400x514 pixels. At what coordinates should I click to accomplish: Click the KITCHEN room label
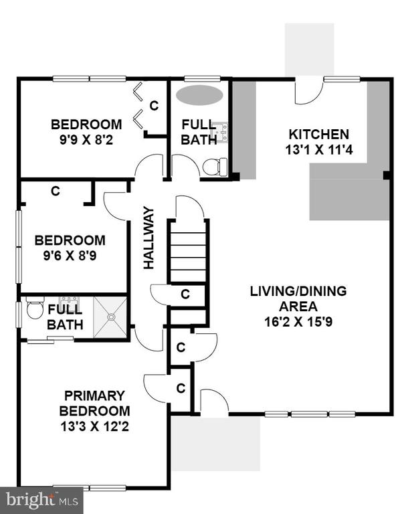pyautogui.click(x=318, y=135)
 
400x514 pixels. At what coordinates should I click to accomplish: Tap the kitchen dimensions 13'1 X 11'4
pyautogui.click(x=319, y=150)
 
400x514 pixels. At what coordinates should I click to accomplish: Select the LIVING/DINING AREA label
pyautogui.click(x=298, y=298)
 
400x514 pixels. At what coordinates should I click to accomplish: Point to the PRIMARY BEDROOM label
pyautogui.click(x=94, y=403)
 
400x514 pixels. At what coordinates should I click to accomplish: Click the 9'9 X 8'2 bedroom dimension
pyautogui.click(x=86, y=141)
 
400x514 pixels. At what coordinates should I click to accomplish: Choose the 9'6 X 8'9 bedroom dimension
pyautogui.click(x=70, y=256)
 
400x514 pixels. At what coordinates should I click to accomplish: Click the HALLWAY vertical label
pyautogui.click(x=148, y=238)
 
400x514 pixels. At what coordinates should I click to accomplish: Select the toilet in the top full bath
pyautogui.click(x=215, y=167)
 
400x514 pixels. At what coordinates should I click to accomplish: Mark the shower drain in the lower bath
pyautogui.click(x=112, y=317)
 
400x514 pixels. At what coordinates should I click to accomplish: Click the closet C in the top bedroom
pyautogui.click(x=154, y=106)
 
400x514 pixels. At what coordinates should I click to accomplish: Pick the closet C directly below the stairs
pyautogui.click(x=185, y=294)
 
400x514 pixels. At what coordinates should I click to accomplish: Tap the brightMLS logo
pyautogui.click(x=42, y=501)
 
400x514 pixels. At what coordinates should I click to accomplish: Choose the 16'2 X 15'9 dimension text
pyautogui.click(x=298, y=322)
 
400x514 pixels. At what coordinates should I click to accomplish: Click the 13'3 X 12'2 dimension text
pyautogui.click(x=94, y=427)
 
